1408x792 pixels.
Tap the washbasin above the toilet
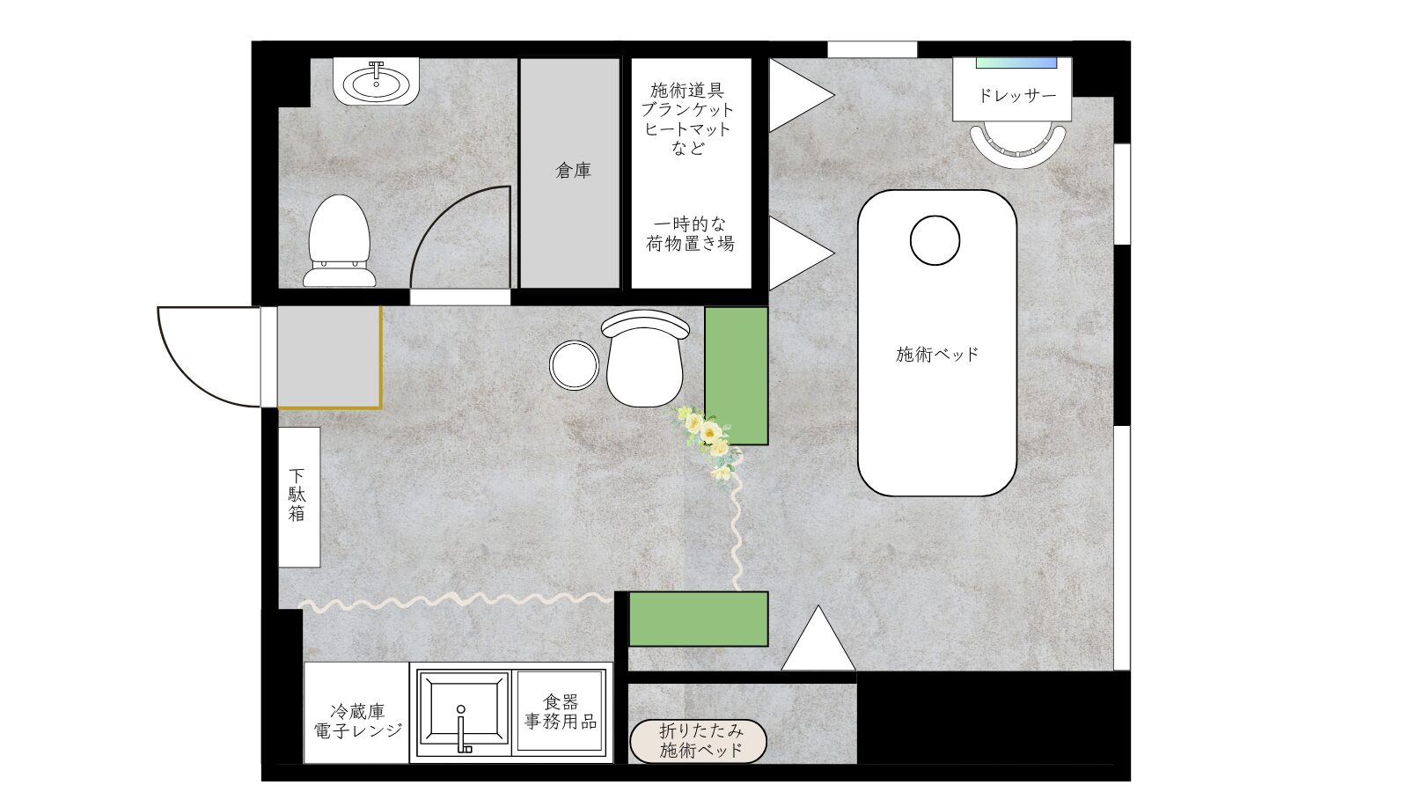tap(377, 84)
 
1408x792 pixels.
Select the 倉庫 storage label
tap(573, 171)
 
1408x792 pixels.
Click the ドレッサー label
tap(1016, 95)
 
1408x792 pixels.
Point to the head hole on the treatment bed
tap(935, 240)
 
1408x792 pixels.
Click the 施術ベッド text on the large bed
tap(937, 355)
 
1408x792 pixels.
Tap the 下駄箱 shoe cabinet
tap(299, 496)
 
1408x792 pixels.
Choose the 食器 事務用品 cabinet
tap(561, 711)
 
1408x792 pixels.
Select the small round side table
tap(574, 365)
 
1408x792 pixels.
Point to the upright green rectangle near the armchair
tap(737, 375)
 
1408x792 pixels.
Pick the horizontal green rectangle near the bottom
tap(698, 619)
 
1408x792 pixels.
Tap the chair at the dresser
tap(1017, 143)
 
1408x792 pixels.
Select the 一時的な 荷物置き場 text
tap(691, 233)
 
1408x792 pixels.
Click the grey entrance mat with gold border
tap(329, 356)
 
